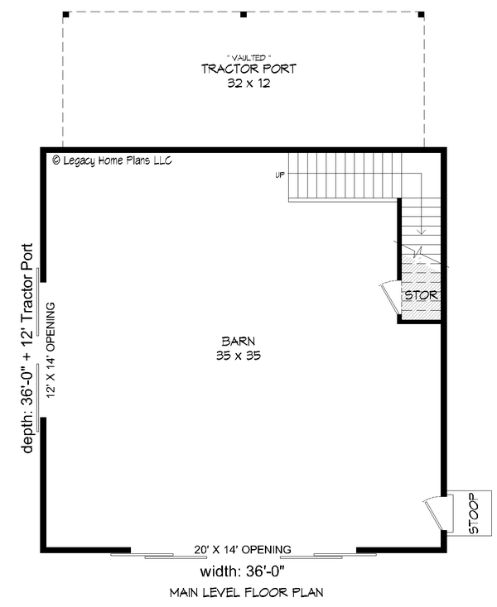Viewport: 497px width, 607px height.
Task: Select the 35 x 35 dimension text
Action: pyautogui.click(x=237, y=356)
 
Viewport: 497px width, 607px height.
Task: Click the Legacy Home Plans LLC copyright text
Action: pyautogui.click(x=111, y=160)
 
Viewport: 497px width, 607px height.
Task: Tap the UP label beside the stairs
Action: pyautogui.click(x=281, y=174)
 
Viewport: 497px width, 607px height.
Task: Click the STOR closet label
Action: pyautogui.click(x=421, y=294)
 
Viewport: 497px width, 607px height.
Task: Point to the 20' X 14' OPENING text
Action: pyautogui.click(x=244, y=549)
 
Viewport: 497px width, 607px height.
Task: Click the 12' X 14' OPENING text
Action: pyautogui.click(x=51, y=351)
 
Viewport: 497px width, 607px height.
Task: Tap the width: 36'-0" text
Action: pyautogui.click(x=243, y=572)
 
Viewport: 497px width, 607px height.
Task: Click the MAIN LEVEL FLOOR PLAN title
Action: pyautogui.click(x=246, y=592)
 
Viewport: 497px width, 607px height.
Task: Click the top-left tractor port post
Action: pyautogui.click(x=65, y=14)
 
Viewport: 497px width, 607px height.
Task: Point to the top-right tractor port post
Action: pyautogui.click(x=421, y=14)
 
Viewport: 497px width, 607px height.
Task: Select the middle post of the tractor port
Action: pyautogui.click(x=243, y=14)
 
